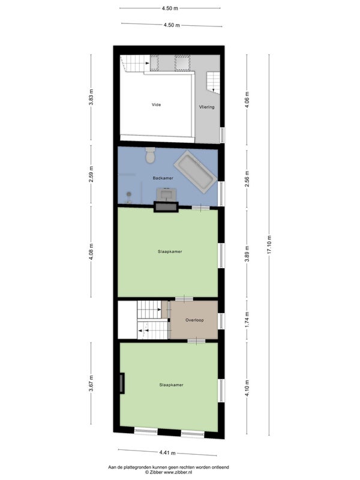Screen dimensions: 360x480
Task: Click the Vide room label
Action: (x=156, y=104)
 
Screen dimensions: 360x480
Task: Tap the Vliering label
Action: (x=206, y=107)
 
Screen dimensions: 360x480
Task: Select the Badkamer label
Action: (x=163, y=178)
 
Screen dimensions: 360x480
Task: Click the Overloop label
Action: (x=194, y=320)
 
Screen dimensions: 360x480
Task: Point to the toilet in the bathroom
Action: (x=151, y=155)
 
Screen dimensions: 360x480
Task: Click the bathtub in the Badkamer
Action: (x=196, y=172)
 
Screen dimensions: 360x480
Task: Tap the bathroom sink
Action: (x=166, y=194)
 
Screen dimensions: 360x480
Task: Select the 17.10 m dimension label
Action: (x=269, y=245)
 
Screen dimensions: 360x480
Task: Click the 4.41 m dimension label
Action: (x=167, y=452)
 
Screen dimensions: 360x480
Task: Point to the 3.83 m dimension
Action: (x=91, y=97)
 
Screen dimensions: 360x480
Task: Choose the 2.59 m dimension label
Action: (x=91, y=174)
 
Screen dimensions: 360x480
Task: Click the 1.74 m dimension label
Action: (x=247, y=319)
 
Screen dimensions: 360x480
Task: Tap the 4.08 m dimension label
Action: (x=91, y=251)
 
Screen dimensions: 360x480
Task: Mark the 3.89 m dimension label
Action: (x=247, y=254)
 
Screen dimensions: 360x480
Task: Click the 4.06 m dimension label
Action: (x=247, y=100)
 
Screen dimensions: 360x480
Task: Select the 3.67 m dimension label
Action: (x=91, y=383)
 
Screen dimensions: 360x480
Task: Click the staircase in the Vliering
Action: (x=213, y=82)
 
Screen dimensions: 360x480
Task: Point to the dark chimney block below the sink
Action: (x=166, y=207)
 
